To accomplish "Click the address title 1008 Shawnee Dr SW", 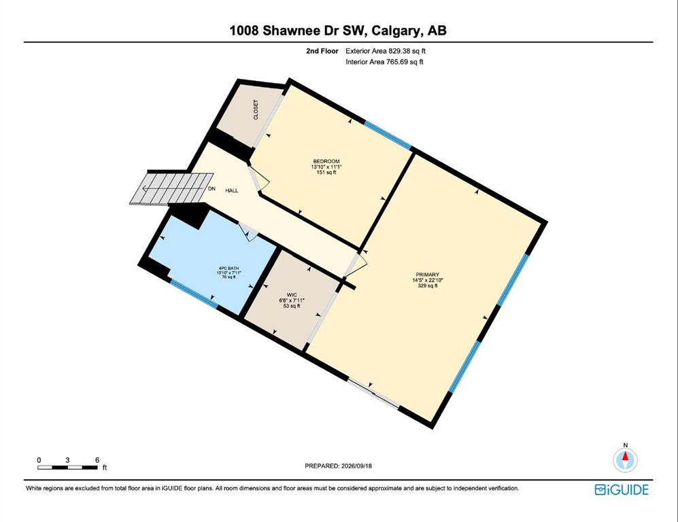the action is [x=298, y=31].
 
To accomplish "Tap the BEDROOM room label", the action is [x=326, y=161].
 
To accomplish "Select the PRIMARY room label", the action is [x=428, y=275].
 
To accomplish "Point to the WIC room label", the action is [x=292, y=295].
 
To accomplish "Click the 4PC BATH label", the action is [x=228, y=268].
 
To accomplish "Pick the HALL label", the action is [x=232, y=190].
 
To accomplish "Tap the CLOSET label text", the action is [x=256, y=109].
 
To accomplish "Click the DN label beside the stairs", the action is [x=211, y=189].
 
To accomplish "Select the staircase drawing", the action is [x=171, y=188].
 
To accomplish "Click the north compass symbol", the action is [x=625, y=459].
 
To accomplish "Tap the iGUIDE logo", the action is [x=622, y=489].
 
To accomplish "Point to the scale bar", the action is [x=67, y=467].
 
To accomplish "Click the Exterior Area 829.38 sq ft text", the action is [x=386, y=51].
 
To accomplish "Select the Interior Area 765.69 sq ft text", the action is [x=384, y=62].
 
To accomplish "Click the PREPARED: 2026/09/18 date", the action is [x=339, y=466].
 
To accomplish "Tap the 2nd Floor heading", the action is [x=322, y=51].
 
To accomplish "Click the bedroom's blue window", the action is [x=388, y=135].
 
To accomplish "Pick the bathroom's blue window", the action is [x=193, y=294].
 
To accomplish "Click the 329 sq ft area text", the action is [x=428, y=285].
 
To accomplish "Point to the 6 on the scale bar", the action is [x=97, y=460].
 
